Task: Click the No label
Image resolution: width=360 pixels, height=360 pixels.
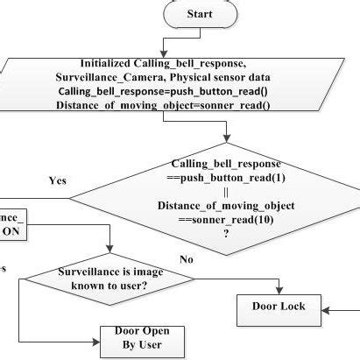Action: pos(186,259)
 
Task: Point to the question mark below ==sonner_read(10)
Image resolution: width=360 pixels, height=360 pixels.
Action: pos(227,233)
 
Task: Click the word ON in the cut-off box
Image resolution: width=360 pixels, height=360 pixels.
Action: pos(13,230)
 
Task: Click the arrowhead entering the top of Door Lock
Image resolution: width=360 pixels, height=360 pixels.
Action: pos(279,290)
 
